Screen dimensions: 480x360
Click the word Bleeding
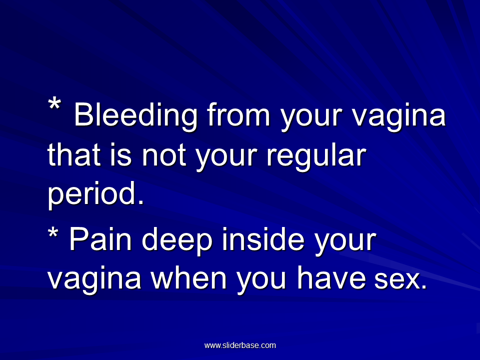tap(135, 115)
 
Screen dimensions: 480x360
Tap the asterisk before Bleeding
tap(54, 104)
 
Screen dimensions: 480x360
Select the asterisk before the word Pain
tap(53, 233)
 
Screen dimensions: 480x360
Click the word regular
tap(316, 156)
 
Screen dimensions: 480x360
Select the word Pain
tap(100, 239)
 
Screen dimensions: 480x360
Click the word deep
tap(177, 241)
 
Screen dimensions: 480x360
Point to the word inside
tap(263, 239)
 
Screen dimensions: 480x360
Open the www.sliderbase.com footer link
tap(240, 345)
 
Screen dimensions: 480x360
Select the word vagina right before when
tap(94, 280)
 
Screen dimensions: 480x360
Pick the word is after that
tap(121, 155)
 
